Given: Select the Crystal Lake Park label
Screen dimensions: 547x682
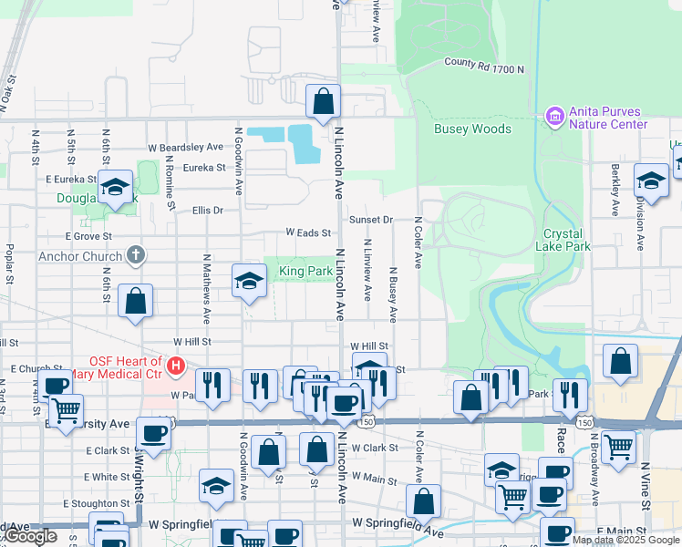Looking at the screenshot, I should click(x=568, y=240).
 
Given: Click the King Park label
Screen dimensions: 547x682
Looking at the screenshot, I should click(x=305, y=271).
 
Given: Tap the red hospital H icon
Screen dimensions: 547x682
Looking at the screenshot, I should click(x=177, y=368).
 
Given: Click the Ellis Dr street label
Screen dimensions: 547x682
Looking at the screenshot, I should click(x=208, y=211).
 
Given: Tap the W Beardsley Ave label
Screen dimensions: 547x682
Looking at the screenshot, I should click(x=185, y=147).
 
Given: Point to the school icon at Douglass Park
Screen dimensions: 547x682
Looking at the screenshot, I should click(x=115, y=188).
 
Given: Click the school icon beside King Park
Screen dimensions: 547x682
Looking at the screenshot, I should click(x=248, y=281).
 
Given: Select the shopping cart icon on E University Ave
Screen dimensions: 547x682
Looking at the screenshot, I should click(x=66, y=412).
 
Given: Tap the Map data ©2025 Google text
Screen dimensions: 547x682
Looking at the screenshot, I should click(x=625, y=540).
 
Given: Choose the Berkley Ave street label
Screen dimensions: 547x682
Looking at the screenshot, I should click(x=616, y=182).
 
